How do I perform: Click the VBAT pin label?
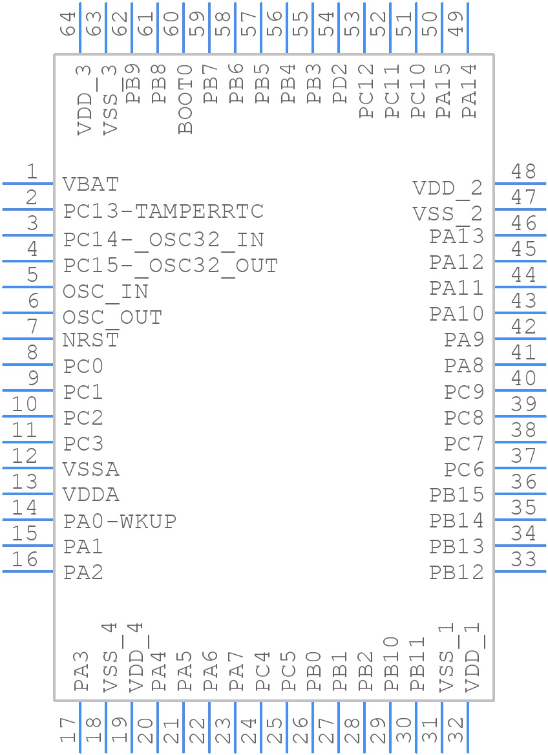pos(90,185)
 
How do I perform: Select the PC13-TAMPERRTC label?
pos(163,211)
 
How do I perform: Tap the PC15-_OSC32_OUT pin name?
pos(171,266)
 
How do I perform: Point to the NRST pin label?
pos(90,340)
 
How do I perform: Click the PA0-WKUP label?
pos(120,521)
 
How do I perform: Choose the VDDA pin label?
pos(90,495)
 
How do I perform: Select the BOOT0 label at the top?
pos(185,99)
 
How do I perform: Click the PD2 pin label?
pos(340,84)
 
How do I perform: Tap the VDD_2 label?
pos(448,188)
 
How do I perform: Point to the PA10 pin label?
pos(456,314)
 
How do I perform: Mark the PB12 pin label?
pos(456,572)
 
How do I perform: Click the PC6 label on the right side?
pos(463,469)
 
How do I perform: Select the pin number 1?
pos(31,172)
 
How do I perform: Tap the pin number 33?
pos(523,559)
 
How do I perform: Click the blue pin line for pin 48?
pos(520,184)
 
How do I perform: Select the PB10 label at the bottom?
pos(392,664)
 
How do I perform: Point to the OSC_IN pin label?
pos(105,292)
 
